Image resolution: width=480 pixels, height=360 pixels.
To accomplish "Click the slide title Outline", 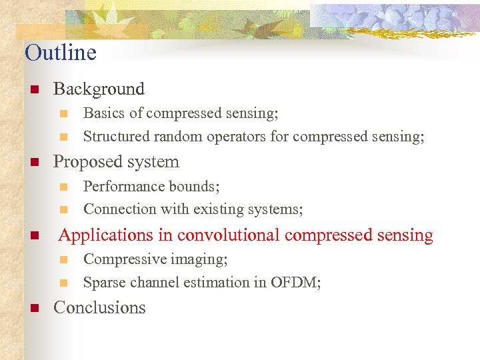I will [x=61, y=53].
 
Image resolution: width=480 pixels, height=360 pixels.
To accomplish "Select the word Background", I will [x=99, y=89].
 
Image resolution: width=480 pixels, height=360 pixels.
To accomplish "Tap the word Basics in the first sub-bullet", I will [x=103, y=113].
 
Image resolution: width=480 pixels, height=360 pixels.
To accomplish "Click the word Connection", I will [x=119, y=209].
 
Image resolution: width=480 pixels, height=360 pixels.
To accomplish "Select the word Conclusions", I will [x=99, y=308].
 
